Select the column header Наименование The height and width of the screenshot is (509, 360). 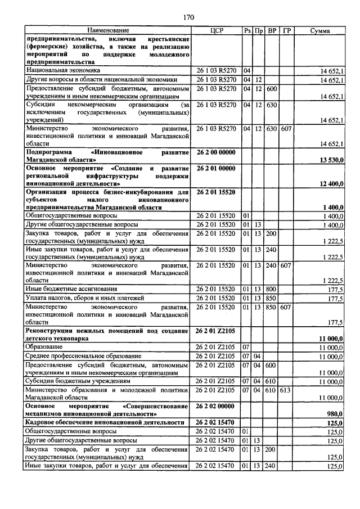tap(107, 30)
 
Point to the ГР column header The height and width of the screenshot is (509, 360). tap(286, 30)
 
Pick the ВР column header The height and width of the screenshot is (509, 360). tap(272, 30)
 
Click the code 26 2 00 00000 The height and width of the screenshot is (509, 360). tap(216, 152)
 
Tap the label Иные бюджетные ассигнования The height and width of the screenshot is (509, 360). tap(72, 289)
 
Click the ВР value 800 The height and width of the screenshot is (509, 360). tap(272, 289)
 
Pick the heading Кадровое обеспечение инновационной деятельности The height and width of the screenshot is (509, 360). tap(105, 422)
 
